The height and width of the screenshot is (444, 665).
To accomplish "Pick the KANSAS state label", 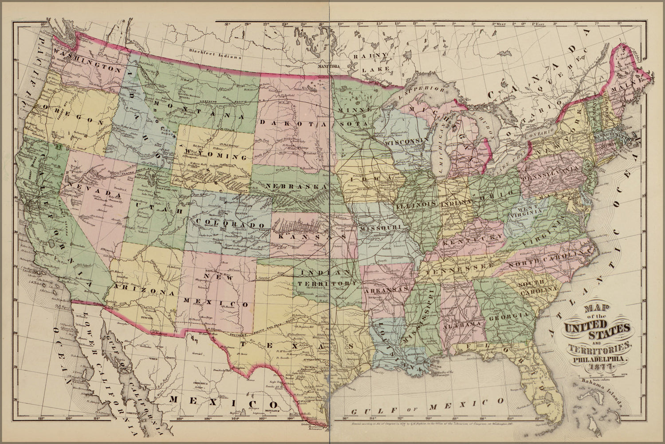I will tap(306, 238).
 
